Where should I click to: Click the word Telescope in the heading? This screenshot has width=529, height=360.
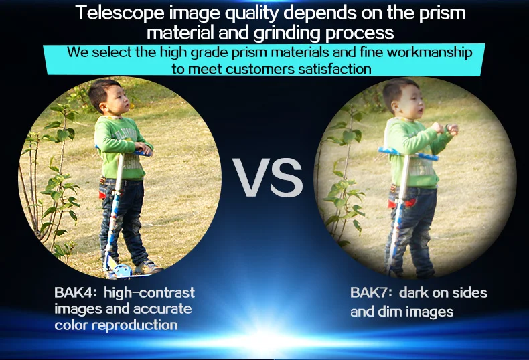pyautogui.click(x=120, y=13)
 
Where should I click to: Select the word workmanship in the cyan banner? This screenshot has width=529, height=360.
pyautogui.click(x=429, y=53)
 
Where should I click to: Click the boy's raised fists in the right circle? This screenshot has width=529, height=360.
pyautogui.click(x=445, y=128)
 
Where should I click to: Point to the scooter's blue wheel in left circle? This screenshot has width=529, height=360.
pyautogui.click(x=122, y=271)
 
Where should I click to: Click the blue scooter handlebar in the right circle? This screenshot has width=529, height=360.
pyautogui.click(x=408, y=153)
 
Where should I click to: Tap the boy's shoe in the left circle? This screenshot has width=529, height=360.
pyautogui.click(x=148, y=267)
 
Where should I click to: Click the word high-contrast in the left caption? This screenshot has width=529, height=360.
pyautogui.click(x=149, y=292)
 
